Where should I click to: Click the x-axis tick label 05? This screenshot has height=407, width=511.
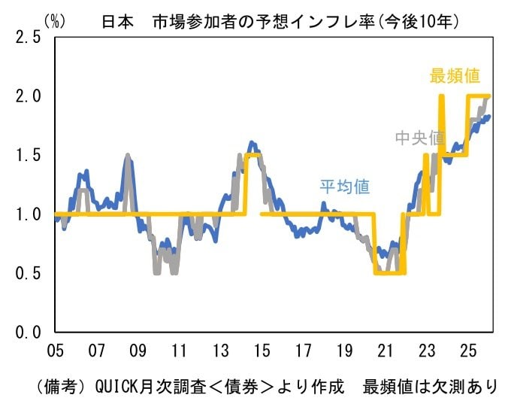click(54, 351)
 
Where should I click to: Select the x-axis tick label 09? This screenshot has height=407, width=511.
click(137, 351)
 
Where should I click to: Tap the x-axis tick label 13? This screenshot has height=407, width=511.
click(220, 351)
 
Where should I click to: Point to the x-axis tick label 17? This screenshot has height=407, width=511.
click(303, 351)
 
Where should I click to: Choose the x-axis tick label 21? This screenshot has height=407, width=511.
click(386, 351)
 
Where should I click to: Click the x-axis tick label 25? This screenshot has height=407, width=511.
click(469, 351)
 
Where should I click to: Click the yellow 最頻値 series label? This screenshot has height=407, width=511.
click(455, 76)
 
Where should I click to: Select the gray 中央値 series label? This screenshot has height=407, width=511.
click(420, 139)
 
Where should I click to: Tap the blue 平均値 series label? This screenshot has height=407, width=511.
click(345, 187)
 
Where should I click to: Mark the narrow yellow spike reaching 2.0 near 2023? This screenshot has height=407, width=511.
click(441, 120)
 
